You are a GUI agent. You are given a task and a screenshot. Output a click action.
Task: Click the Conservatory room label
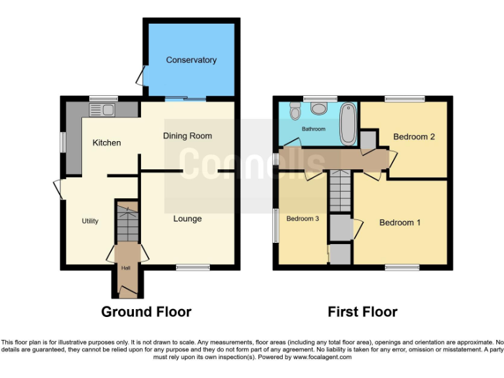pos(191,60)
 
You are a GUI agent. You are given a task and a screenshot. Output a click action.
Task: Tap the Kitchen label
pos(106,142)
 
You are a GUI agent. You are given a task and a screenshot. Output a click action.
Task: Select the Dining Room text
pos(188,136)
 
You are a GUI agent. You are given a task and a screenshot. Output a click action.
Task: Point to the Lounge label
pos(187,219)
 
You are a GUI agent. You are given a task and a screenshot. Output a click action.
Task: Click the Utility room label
pos(90,221)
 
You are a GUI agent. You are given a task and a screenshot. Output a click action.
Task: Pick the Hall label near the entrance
pos(125,267)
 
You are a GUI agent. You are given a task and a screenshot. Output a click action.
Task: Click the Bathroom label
pos(313,129)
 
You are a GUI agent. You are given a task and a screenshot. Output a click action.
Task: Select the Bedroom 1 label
pos(400,222)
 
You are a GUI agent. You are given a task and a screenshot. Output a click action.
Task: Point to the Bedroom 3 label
pos(303,219)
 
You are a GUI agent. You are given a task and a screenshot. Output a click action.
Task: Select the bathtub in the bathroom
pos(348,124)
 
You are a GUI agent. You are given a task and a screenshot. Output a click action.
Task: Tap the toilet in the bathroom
pos(295,110)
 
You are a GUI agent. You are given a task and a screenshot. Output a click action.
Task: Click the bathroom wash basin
pos(321,108)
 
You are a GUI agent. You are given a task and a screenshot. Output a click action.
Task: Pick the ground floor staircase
pos(126,223)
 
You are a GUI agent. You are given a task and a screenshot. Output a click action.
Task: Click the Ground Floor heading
pos(146,312)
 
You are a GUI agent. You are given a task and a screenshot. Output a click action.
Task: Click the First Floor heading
pos(362,312)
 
